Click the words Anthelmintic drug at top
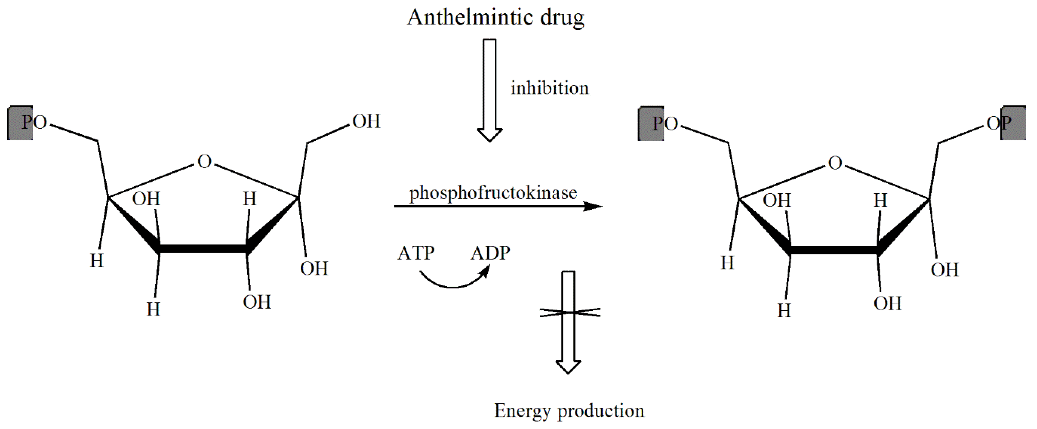click(495, 18)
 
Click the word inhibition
click(550, 88)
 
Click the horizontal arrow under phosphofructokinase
click(498, 206)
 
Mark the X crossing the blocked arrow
click(570, 312)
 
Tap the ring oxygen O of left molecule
click(204, 161)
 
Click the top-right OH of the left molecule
click(366, 121)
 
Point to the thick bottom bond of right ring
click(833, 250)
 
